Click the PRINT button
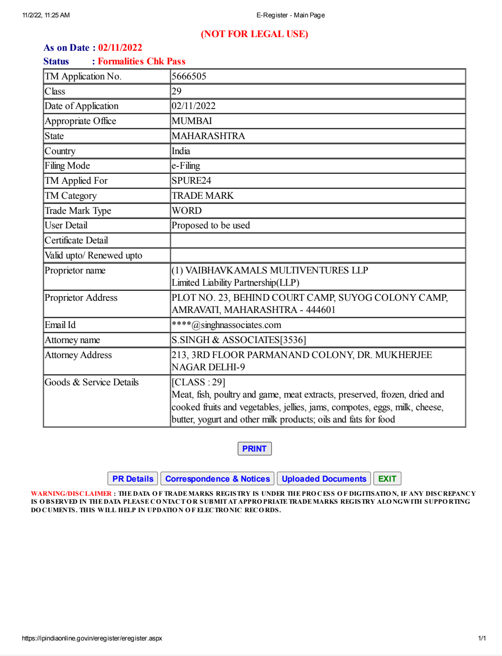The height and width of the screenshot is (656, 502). coord(254,449)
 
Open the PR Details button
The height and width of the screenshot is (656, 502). coord(133,479)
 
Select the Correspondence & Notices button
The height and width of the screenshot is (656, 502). coord(217,479)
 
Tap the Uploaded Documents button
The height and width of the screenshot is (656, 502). coord(324,479)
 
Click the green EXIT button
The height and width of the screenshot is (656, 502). coord(387,479)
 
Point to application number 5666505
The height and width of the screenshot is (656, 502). coord(189,77)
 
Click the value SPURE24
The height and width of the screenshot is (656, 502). coord(191,181)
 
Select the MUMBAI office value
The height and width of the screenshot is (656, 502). coord(192,121)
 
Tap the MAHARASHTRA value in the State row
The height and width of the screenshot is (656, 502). coord(208,136)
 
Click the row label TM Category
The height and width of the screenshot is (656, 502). coord(71,196)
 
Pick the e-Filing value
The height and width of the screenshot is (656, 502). coord(186,166)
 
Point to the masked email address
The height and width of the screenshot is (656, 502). coord(226,325)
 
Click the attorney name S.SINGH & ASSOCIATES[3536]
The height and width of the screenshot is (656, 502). coord(239,340)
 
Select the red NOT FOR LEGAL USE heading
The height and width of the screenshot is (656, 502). coord(254,34)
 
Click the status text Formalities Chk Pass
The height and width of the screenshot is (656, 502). coord(142,62)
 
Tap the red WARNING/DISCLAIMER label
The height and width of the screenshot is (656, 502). coord(72,493)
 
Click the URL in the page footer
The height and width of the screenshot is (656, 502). coord(92,638)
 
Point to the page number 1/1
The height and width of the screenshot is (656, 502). coord(482,638)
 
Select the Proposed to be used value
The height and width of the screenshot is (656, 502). coord(211,226)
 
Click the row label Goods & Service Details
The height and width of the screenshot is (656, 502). coord(92,383)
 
